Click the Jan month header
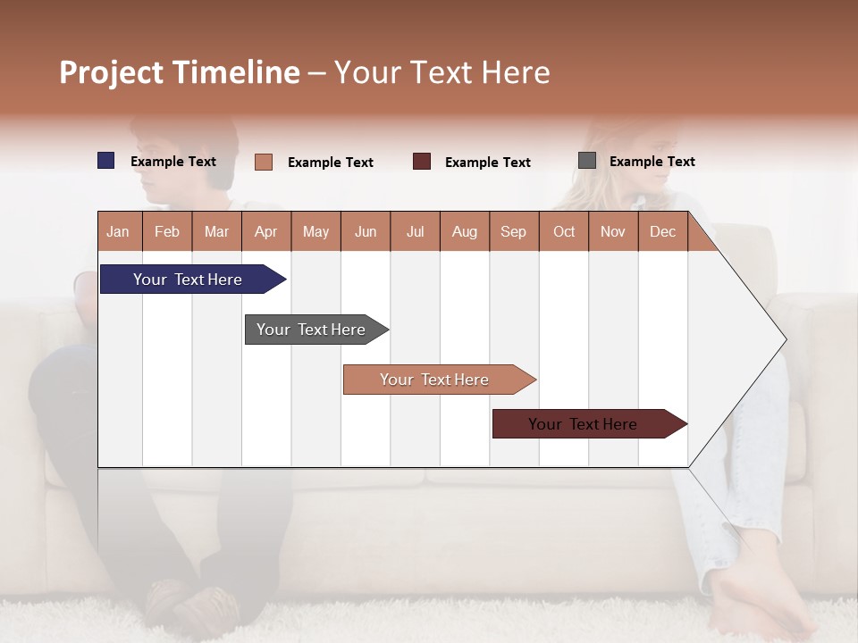(119, 231)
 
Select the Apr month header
(266, 231)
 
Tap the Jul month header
(415, 231)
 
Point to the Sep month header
(514, 231)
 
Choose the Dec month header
(662, 231)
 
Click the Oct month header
(564, 231)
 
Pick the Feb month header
(167, 231)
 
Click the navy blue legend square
(105, 161)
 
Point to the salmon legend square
(263, 162)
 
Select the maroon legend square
(421, 162)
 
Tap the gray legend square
(586, 161)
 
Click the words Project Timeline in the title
(179, 72)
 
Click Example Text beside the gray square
(652, 162)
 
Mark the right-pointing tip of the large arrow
(785, 339)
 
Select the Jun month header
(366, 231)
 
